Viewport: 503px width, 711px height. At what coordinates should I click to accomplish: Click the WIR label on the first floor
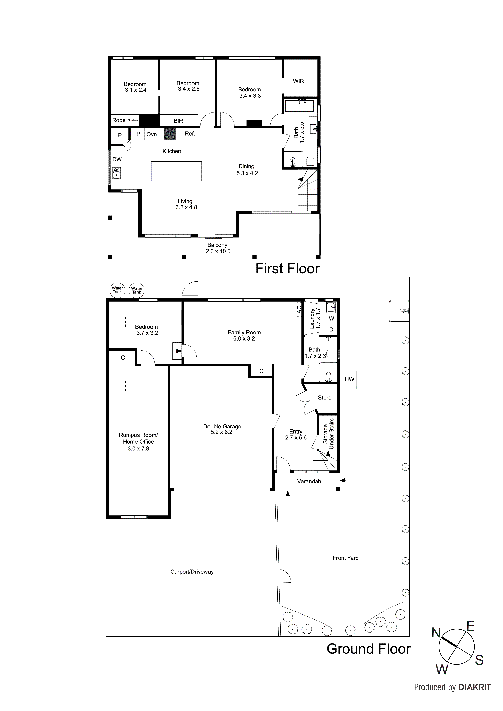tap(298, 81)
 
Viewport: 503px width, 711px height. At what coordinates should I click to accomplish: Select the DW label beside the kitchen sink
tap(117, 160)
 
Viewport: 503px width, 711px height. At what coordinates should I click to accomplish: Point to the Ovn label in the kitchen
tap(152, 134)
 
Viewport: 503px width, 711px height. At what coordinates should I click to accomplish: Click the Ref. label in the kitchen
tap(190, 134)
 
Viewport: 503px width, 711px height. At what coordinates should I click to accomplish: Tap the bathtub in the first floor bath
tap(299, 106)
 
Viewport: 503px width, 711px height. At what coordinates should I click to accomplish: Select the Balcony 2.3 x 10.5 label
tap(218, 248)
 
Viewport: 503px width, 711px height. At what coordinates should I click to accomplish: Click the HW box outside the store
tap(349, 379)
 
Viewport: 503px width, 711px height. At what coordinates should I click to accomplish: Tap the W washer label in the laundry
tap(331, 318)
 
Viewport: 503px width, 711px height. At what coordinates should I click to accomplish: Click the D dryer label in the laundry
tap(331, 330)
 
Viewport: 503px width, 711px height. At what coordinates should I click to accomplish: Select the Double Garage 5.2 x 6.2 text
tap(222, 429)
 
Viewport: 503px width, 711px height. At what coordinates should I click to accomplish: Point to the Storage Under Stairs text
tap(328, 434)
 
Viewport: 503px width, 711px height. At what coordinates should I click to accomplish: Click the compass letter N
tap(436, 633)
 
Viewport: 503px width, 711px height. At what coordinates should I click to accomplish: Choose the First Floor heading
tap(287, 269)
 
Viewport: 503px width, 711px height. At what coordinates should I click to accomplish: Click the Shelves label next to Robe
tap(133, 120)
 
